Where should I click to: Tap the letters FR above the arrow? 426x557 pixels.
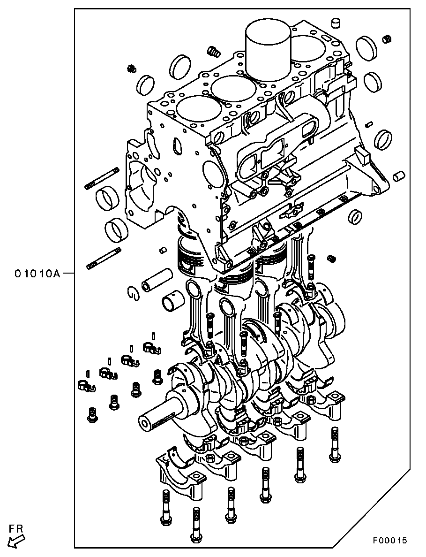tap(16, 528)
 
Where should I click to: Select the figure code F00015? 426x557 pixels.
tap(389, 541)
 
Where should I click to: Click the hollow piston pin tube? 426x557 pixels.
tap(157, 281)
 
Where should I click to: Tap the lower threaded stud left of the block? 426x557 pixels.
tap(105, 257)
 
